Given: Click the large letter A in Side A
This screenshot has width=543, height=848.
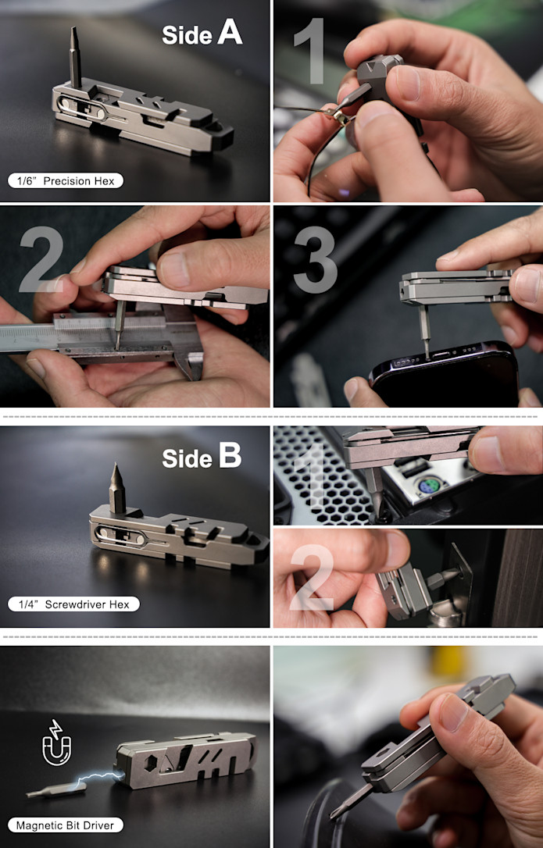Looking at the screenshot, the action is click(x=230, y=33).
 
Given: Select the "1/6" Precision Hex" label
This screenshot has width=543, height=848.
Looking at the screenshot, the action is click(x=66, y=180).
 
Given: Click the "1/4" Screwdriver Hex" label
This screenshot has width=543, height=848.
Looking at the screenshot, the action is click(x=73, y=604).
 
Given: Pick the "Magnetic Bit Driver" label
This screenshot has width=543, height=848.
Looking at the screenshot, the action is click(x=66, y=825).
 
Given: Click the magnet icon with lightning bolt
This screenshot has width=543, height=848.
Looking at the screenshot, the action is click(x=56, y=743).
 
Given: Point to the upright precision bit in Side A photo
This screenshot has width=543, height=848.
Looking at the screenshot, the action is click(x=75, y=57).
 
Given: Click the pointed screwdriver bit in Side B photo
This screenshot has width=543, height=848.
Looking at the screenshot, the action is click(x=117, y=488).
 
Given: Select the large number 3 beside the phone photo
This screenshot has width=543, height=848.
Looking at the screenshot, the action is click(x=315, y=260).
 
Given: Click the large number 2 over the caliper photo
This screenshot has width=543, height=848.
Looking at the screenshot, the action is click(x=41, y=259).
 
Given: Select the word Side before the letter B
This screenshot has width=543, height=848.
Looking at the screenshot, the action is click(x=188, y=458).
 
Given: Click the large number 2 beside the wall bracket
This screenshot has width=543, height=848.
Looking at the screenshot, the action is click(x=312, y=578).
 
